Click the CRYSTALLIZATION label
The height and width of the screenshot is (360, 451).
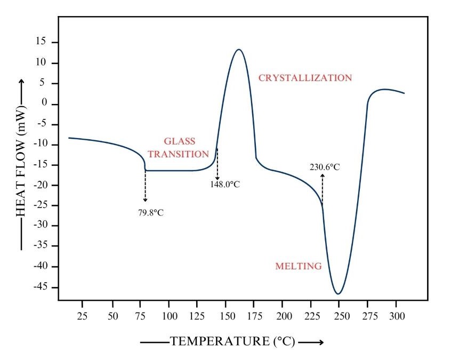(x=305, y=78)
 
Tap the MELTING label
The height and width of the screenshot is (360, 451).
(x=298, y=266)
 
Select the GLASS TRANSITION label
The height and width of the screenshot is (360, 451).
(x=178, y=148)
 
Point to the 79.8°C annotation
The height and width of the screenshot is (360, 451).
(x=151, y=212)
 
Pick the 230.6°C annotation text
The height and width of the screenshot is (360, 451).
(x=324, y=167)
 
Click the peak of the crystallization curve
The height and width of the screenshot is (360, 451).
(x=239, y=50)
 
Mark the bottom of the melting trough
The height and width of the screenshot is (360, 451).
(x=338, y=294)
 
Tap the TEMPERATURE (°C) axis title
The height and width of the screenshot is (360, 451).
(x=232, y=342)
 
